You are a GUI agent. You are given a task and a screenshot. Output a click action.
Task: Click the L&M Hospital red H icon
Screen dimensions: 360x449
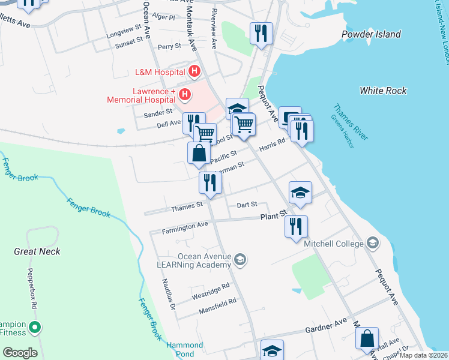[194, 72]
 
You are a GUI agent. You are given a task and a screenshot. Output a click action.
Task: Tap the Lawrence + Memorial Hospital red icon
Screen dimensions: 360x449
[185, 95]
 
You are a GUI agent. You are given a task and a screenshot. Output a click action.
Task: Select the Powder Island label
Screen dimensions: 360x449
[371, 34]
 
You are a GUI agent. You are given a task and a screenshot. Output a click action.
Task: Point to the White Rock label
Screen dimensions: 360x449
[383, 91]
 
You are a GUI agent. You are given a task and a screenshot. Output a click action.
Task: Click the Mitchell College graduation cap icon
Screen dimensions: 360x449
[373, 243]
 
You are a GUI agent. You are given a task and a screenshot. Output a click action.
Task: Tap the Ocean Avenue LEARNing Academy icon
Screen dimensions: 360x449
[240, 259]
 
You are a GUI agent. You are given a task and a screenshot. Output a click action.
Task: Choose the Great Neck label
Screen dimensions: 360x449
[37, 251]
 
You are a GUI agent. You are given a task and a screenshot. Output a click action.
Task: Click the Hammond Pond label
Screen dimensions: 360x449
[184, 349]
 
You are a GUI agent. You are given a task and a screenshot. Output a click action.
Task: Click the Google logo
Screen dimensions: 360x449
[20, 353]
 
